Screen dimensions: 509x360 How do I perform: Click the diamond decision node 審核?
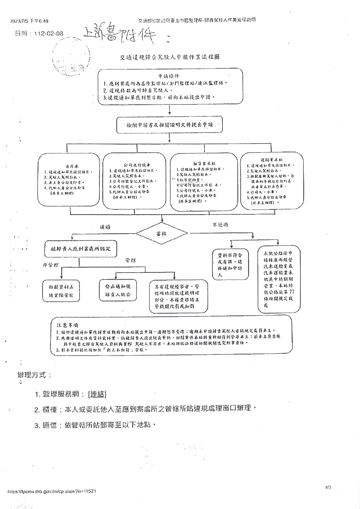click(162, 233)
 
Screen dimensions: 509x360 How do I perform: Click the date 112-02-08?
click(48, 33)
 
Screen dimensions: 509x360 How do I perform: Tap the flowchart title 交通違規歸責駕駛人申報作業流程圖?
click(170, 57)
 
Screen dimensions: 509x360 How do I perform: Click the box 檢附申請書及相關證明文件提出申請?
click(170, 125)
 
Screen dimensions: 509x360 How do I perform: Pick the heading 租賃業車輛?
click(204, 164)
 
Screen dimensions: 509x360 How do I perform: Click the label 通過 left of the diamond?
click(105, 227)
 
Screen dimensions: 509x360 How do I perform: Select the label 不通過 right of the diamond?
click(220, 224)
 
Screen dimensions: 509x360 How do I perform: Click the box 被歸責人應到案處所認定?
click(81, 249)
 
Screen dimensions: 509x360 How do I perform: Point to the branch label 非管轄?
click(50, 265)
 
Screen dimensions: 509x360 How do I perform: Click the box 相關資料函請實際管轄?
click(61, 291)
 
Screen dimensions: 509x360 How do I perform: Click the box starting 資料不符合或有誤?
click(230, 264)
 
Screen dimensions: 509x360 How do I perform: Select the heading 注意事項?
click(67, 325)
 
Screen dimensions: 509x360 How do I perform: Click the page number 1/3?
click(328, 487)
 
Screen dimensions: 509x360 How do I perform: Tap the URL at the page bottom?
click(52, 491)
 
